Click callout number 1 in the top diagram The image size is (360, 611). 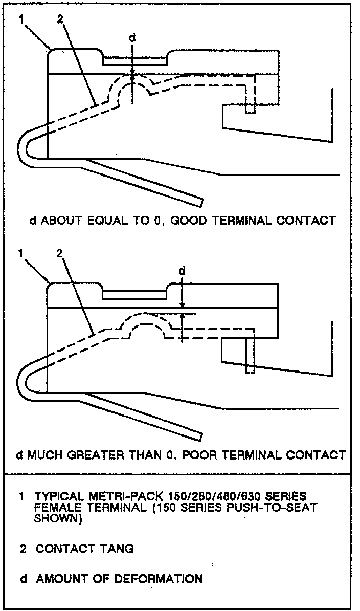[x=21, y=19]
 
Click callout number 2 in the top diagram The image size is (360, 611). [x=60, y=19]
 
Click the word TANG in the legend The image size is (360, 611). [x=118, y=549]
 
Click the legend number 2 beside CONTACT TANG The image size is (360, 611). [x=23, y=549]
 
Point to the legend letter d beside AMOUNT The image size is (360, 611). [x=23, y=579]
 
